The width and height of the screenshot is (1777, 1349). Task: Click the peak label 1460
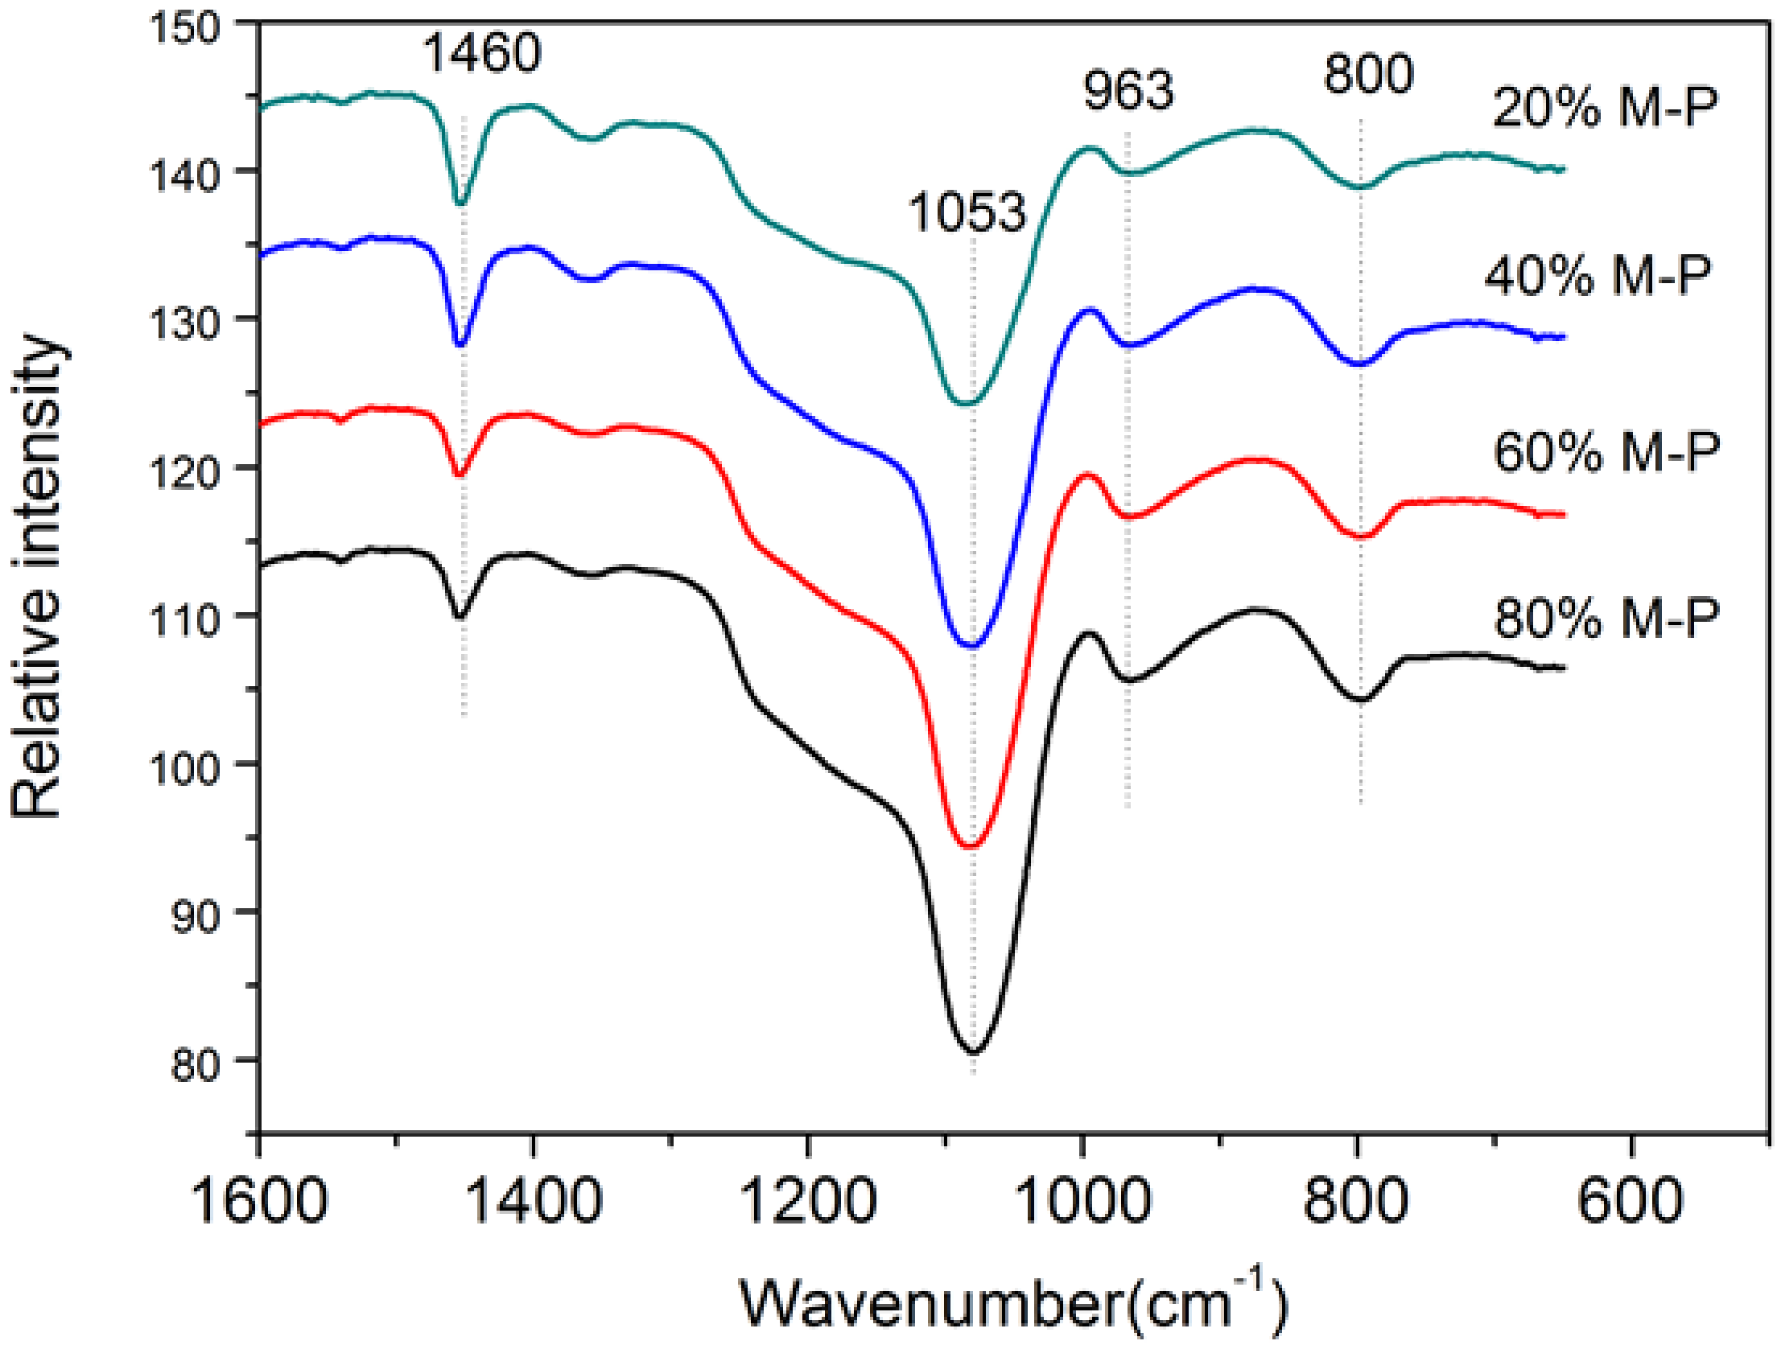click(x=481, y=53)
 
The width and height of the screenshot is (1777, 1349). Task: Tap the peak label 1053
click(x=967, y=212)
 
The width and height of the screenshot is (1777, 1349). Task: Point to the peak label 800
click(x=1368, y=74)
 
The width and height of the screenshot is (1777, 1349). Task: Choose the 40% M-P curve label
click(x=1598, y=276)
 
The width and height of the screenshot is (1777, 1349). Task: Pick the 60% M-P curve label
click(x=1606, y=452)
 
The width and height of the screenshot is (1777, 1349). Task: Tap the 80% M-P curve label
click(x=1606, y=619)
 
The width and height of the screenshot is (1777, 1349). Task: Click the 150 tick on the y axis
click(x=184, y=28)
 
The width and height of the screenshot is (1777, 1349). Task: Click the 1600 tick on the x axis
click(x=259, y=1201)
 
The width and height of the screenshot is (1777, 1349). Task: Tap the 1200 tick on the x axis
click(x=808, y=1201)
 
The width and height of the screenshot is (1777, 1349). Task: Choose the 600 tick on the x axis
click(x=1631, y=1201)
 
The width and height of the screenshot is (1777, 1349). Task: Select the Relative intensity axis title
click(x=36, y=576)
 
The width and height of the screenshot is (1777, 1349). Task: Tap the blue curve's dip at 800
click(x=1359, y=364)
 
